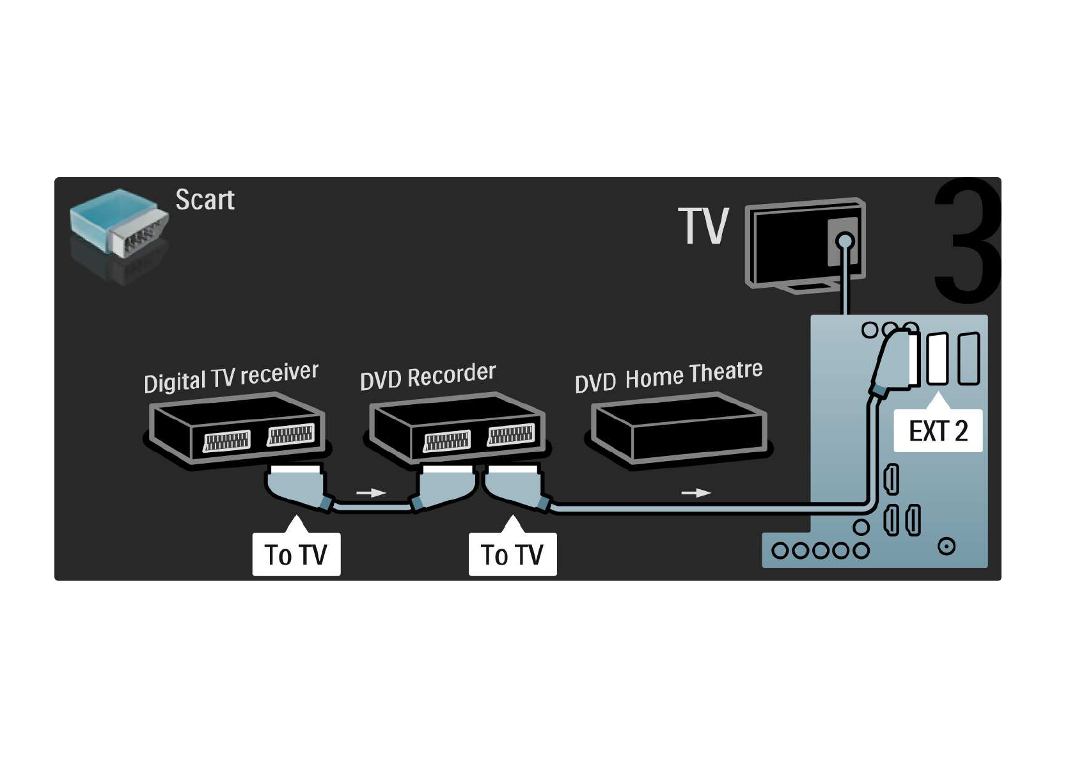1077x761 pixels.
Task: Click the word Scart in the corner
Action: (x=205, y=200)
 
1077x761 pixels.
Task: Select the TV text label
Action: (x=703, y=226)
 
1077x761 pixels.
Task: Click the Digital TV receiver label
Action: (x=231, y=377)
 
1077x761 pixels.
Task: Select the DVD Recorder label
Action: (x=427, y=376)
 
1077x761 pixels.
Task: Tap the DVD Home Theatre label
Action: (x=668, y=376)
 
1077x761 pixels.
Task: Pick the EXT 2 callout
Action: (x=938, y=431)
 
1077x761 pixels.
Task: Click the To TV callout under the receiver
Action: (x=296, y=554)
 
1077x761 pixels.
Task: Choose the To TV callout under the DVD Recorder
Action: (x=512, y=554)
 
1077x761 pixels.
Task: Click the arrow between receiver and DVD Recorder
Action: (x=370, y=493)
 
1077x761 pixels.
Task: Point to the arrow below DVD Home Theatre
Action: (x=696, y=493)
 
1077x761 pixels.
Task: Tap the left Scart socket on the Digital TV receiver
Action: (x=226, y=441)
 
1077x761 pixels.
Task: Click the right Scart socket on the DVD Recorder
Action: (x=511, y=435)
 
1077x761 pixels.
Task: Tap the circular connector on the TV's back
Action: (x=845, y=242)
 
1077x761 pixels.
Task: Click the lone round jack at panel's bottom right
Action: (x=947, y=547)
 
